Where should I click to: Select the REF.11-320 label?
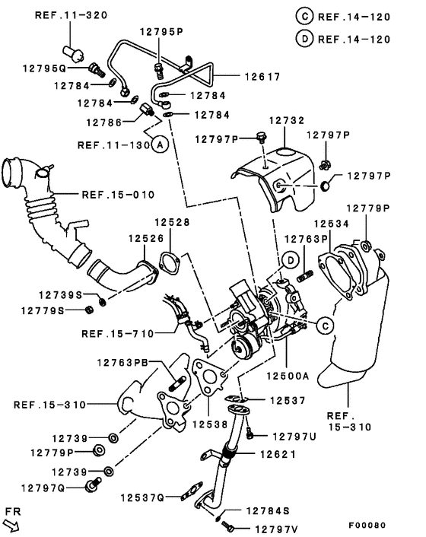click(x=71, y=15)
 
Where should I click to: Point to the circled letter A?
click(x=158, y=144)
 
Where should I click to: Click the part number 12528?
click(x=173, y=222)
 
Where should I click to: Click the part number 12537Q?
click(x=141, y=497)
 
